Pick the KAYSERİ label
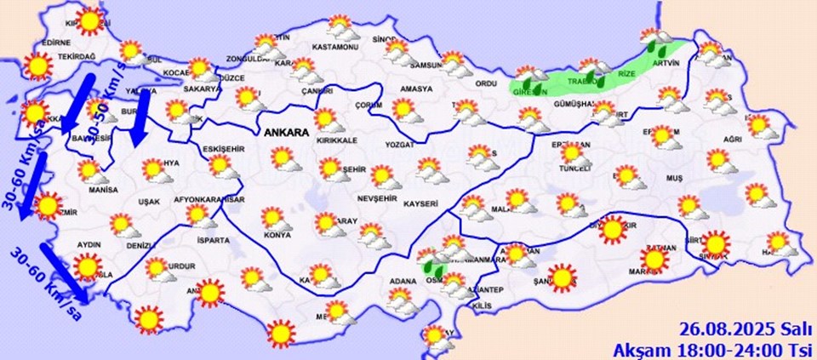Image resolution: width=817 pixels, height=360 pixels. tap(422, 204)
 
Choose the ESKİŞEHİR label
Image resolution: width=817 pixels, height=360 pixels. tap(225, 150)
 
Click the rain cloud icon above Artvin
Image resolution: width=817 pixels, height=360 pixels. tap(658, 40)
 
